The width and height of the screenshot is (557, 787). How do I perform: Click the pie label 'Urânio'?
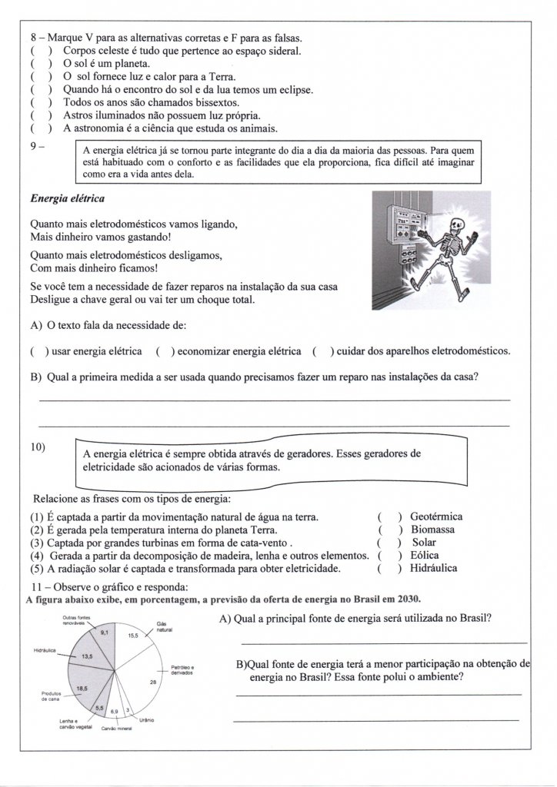[x=147, y=720]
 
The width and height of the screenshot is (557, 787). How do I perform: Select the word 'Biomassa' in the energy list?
[x=432, y=530]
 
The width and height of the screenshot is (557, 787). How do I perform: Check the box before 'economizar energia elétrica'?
[x=163, y=351]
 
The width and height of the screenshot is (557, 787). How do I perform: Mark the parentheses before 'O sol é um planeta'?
[x=41, y=64]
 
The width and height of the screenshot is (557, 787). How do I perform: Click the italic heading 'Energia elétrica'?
[x=68, y=198]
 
